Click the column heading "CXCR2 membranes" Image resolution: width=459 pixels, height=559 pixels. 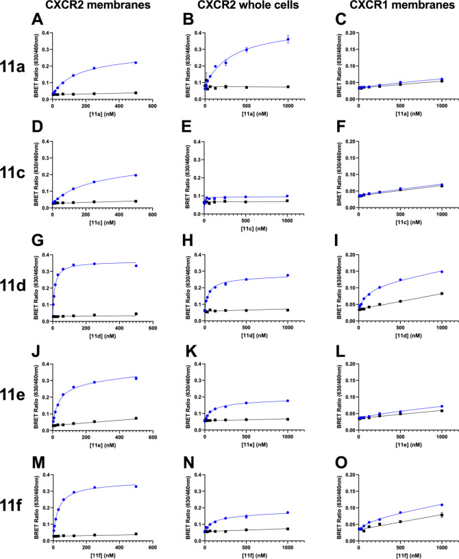pyautogui.click(x=84, y=7)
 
